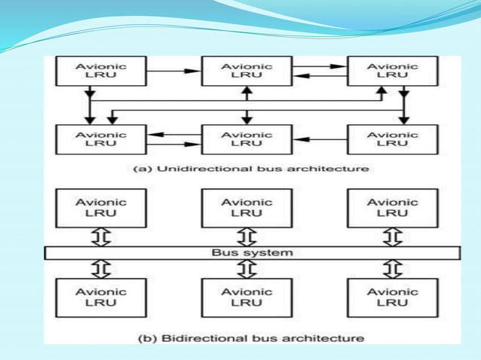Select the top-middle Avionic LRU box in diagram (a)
[246, 72]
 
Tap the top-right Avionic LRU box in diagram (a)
[391, 72]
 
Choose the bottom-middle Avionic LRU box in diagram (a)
[246, 139]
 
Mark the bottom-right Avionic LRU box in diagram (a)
[391, 139]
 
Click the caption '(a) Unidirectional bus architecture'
[251, 169]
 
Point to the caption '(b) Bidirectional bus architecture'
[251, 338]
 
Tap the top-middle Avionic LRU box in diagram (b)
[246, 207]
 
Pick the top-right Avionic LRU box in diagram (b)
[391, 207]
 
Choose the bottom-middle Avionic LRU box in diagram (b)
[246, 297]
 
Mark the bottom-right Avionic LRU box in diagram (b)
[391, 297]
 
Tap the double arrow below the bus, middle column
[246, 269]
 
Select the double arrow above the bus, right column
[391, 236]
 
